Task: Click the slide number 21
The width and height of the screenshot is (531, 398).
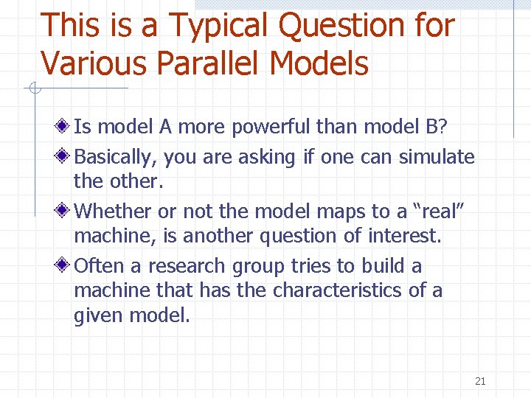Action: (480, 381)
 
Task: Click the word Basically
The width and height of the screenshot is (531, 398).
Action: (115, 157)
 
